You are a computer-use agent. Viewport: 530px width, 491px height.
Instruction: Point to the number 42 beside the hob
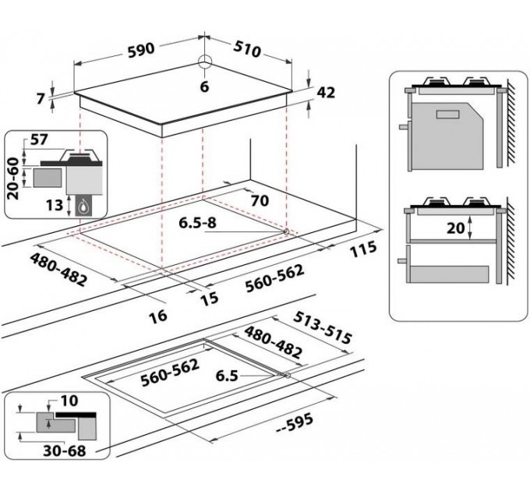(x=325, y=93)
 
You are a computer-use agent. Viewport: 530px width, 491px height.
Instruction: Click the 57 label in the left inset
(x=38, y=140)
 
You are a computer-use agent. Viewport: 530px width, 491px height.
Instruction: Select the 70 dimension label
(x=260, y=201)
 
